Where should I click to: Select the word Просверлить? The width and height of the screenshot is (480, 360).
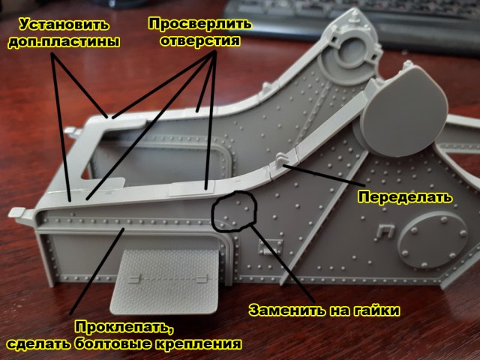click(198, 24)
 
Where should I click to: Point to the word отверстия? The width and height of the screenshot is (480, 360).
click(199, 42)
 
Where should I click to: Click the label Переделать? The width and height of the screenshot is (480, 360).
click(404, 198)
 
